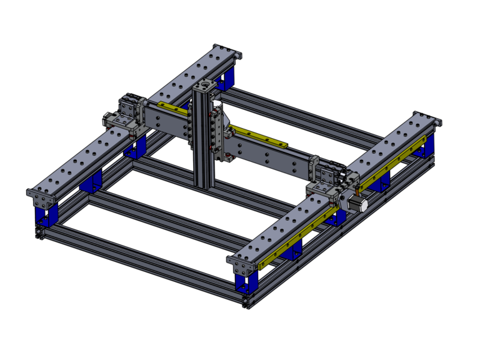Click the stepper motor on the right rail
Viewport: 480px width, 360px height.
click(x=357, y=204)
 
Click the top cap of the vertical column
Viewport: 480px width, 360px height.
click(x=206, y=85)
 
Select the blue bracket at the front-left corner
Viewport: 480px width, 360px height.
click(x=43, y=216)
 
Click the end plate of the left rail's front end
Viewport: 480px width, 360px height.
click(x=39, y=199)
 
